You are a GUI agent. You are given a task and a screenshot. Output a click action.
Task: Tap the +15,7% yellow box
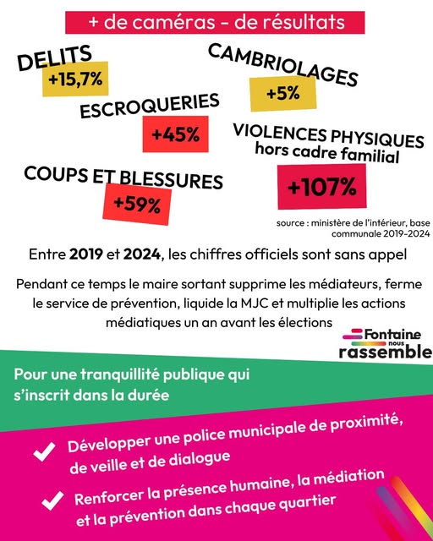click(x=75, y=80)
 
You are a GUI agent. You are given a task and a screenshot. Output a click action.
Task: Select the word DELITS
click(x=54, y=59)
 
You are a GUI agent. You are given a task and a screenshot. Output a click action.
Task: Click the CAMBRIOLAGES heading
click(x=282, y=63)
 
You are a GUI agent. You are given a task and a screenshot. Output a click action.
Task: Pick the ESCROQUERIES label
click(x=150, y=108)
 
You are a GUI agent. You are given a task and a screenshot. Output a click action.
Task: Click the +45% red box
click(x=176, y=134)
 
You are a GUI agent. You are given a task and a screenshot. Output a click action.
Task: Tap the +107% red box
click(x=321, y=187)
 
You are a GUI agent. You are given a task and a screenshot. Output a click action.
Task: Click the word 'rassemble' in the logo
click(x=385, y=351)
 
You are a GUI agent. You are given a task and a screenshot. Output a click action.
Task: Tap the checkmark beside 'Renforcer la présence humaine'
click(x=41, y=500)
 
